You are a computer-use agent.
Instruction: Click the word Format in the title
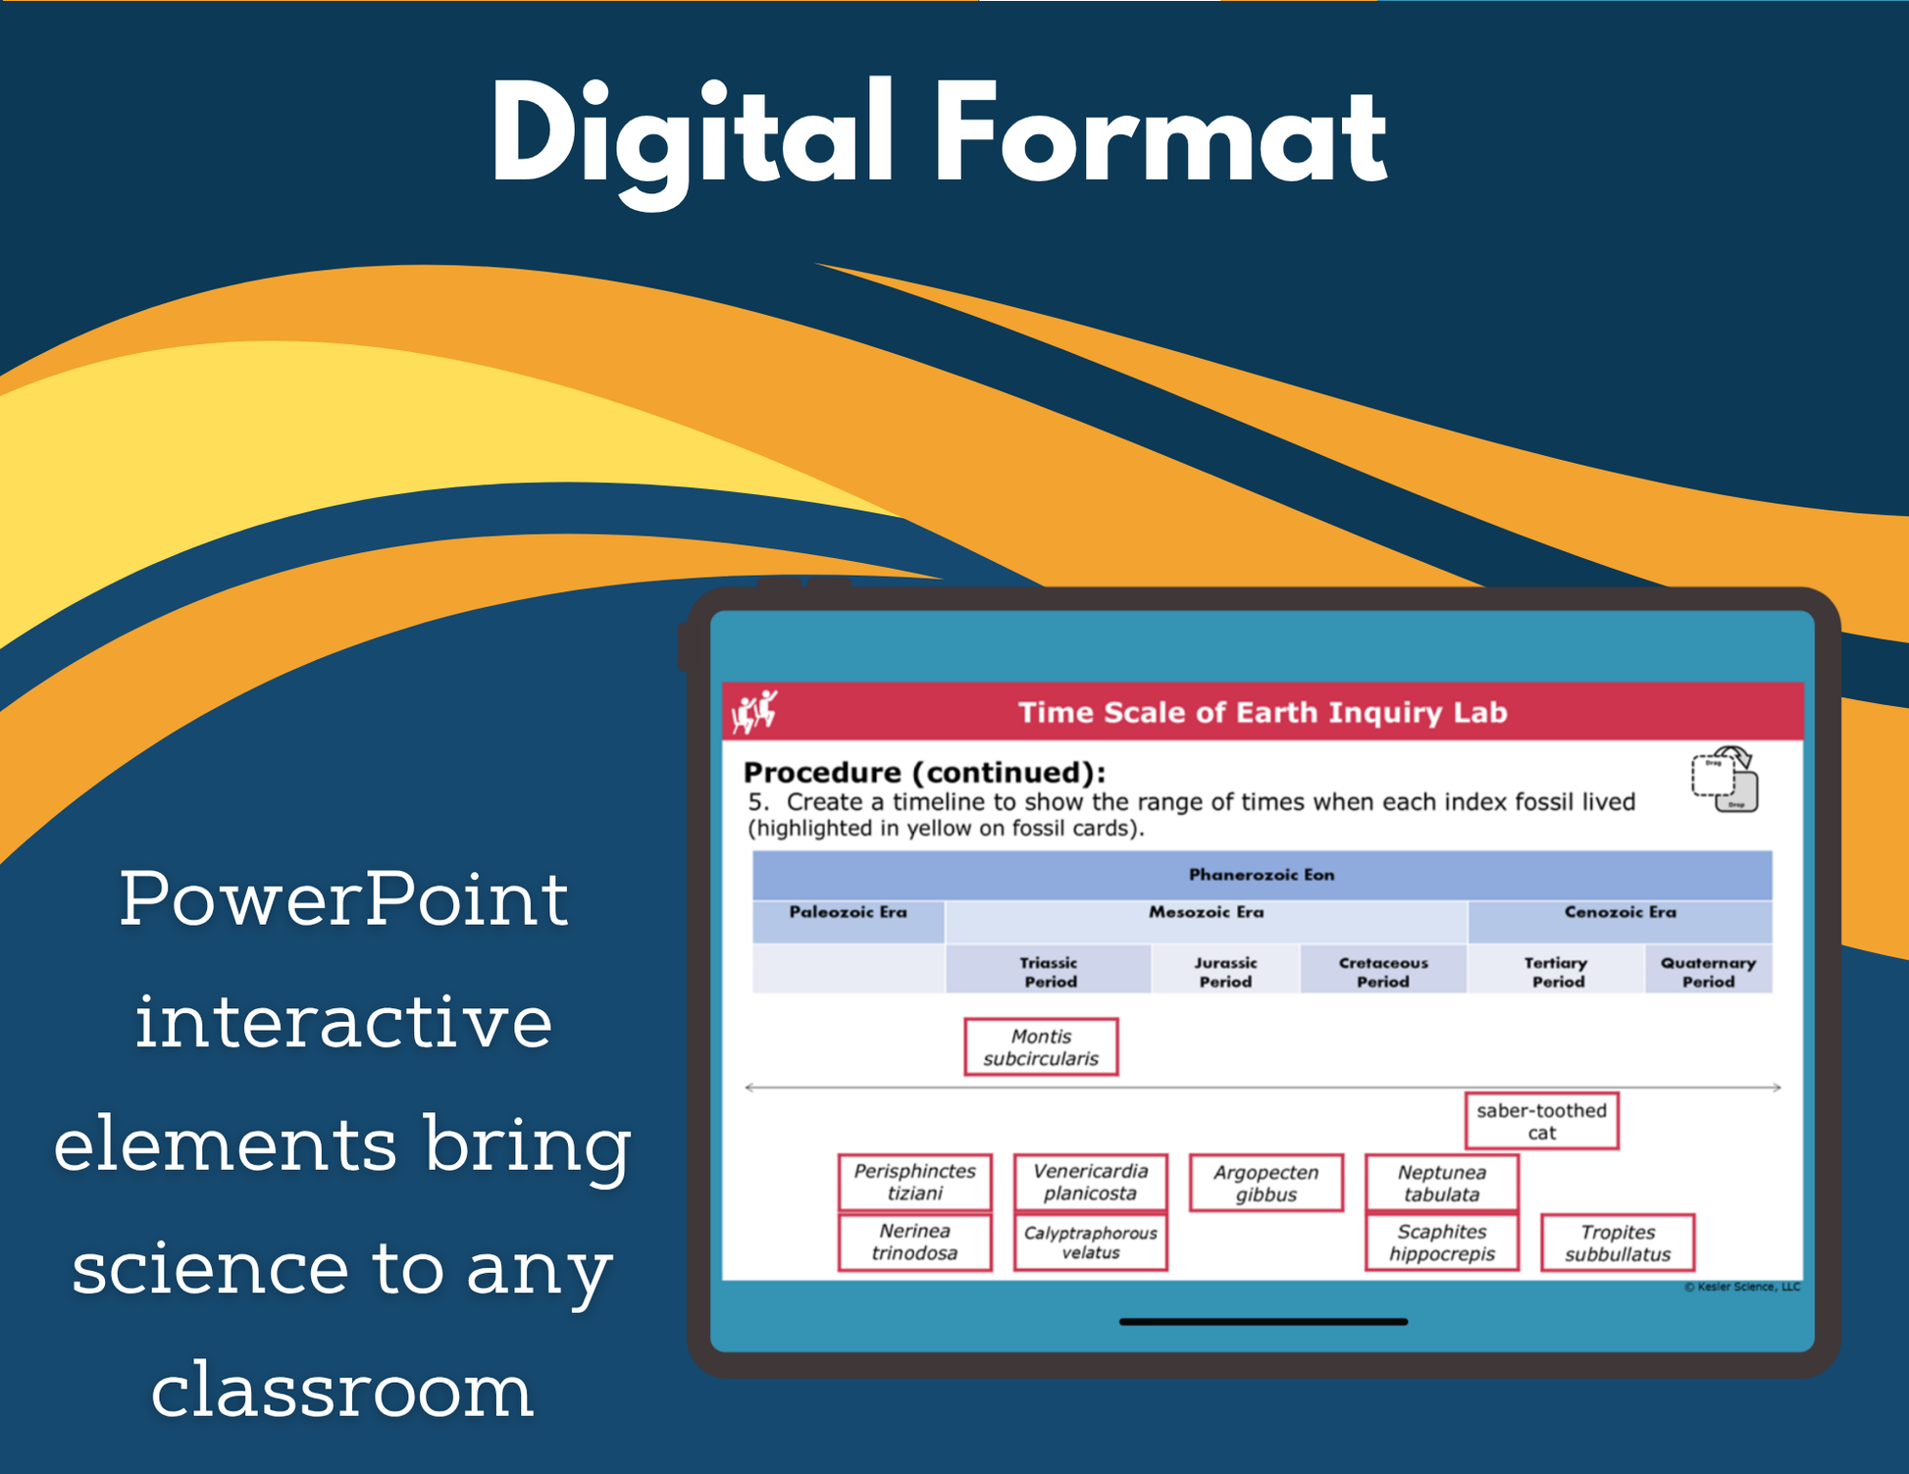[1161, 131]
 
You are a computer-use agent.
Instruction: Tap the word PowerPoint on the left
[343, 898]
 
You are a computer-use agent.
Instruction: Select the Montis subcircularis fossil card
[1041, 1046]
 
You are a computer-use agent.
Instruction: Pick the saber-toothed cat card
[1541, 1120]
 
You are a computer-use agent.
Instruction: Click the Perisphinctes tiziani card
[914, 1182]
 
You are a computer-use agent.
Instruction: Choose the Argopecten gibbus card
[1265, 1183]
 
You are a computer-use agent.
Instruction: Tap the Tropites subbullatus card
[1618, 1243]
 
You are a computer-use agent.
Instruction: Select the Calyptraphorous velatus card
[1090, 1243]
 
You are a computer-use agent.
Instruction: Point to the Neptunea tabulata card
[1441, 1183]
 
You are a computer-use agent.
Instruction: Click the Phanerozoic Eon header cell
[1262, 875]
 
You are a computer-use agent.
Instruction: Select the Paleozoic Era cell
[848, 922]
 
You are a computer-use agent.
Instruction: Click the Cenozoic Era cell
[1620, 922]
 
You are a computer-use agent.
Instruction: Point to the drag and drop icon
[1725, 780]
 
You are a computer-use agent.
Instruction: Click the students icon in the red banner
[755, 711]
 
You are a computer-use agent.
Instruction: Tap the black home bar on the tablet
[1264, 1322]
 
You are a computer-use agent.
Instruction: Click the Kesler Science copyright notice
[1742, 1287]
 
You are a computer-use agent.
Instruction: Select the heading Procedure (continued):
[924, 773]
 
